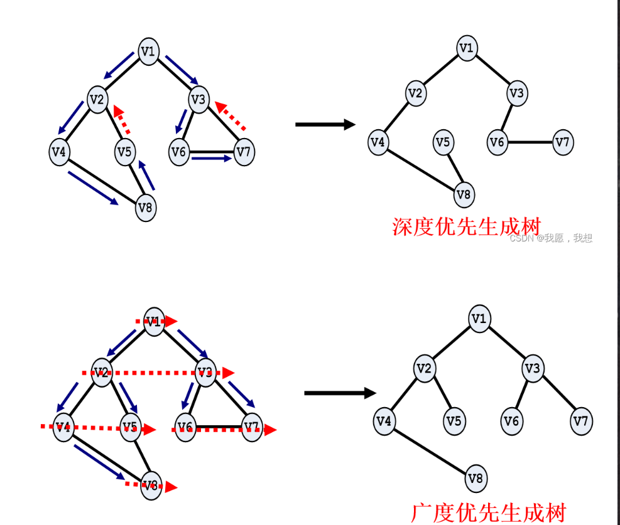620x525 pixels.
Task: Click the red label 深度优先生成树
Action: tap(466, 226)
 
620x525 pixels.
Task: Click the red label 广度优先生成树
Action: tap(489, 512)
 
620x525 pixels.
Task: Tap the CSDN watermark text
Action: tap(550, 238)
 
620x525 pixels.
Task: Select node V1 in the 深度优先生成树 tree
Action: tap(466, 48)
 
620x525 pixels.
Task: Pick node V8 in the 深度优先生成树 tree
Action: tap(464, 194)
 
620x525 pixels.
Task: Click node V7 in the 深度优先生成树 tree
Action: tap(563, 142)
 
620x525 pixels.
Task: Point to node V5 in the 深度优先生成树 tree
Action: tap(443, 142)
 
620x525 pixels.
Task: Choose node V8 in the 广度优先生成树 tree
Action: tap(476, 480)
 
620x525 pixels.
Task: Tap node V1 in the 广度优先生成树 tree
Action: tap(479, 319)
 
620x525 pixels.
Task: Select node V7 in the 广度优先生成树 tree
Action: tap(582, 420)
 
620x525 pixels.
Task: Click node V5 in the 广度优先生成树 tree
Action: tap(454, 420)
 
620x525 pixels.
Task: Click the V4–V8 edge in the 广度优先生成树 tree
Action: tap(430, 450)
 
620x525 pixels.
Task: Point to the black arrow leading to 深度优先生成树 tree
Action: tap(325, 124)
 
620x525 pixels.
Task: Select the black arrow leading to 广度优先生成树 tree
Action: tap(340, 393)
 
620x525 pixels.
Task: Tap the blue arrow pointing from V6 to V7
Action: tap(211, 159)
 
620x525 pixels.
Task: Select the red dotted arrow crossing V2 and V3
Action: tap(157, 373)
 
